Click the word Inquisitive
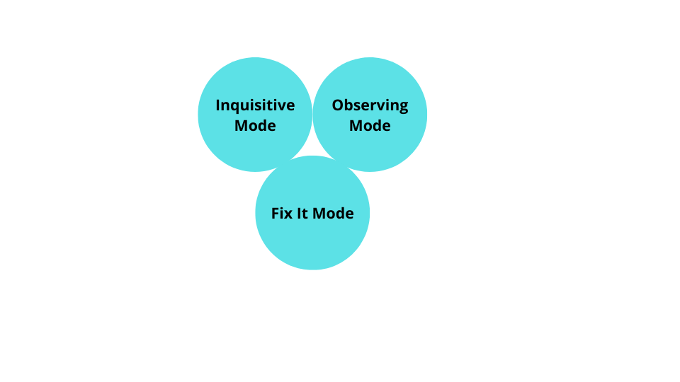(255, 105)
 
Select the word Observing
(370, 105)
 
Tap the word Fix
(282, 213)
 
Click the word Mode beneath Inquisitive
(255, 126)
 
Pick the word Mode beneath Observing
(370, 126)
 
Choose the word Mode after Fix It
(333, 213)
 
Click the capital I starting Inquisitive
(218, 105)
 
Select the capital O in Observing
(338, 105)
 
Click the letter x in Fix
(288, 214)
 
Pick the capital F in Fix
(276, 213)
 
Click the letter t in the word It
(305, 213)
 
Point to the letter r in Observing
(368, 106)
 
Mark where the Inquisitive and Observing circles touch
(312, 115)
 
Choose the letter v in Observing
(375, 106)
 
